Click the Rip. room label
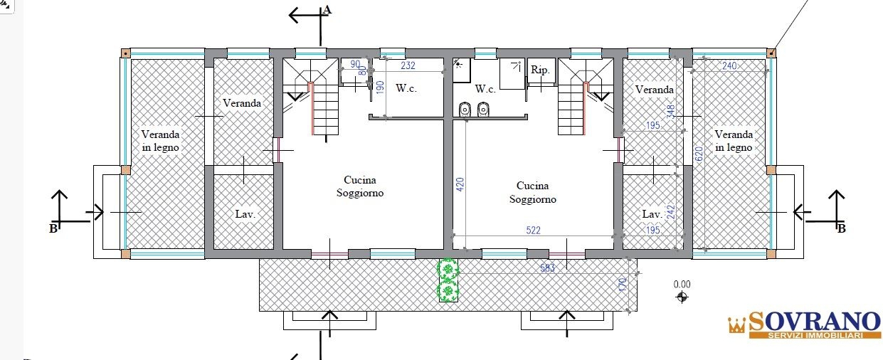[540, 70]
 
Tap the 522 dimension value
[534, 230]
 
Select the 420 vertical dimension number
[460, 184]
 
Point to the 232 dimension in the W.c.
[408, 65]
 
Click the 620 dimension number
[699, 154]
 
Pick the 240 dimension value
[729, 65]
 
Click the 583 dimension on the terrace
[547, 268]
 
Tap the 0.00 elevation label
[682, 285]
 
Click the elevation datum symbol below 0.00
[682, 297]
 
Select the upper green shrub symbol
[448, 270]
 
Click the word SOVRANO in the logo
[814, 322]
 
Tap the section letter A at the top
[327, 10]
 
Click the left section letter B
[53, 228]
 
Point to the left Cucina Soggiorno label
[360, 186]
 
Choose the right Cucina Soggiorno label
[532, 192]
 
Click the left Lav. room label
[245, 214]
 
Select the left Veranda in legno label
[160, 141]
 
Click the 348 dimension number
[670, 111]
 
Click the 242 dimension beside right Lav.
[670, 212]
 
